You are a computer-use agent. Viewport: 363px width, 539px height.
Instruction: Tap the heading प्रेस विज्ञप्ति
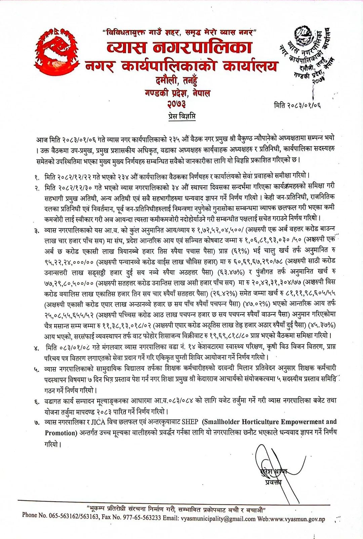tap(182, 117)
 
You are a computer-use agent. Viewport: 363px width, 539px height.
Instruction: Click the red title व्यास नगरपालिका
tap(179, 47)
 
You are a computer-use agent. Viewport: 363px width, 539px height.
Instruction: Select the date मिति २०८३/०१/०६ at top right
tap(297, 105)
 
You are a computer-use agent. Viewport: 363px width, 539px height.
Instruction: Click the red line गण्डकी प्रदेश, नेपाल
tap(177, 93)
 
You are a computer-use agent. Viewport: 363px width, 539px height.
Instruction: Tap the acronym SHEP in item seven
tap(190, 422)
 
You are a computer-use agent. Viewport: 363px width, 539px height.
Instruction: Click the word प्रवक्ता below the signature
tap(273, 483)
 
